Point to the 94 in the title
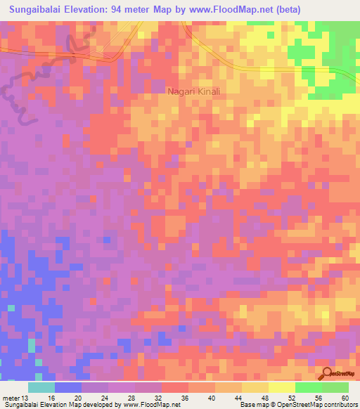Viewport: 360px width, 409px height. (x=134, y=9)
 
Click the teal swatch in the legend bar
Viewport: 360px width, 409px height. (x=41, y=388)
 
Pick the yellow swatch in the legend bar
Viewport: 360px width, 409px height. (x=281, y=388)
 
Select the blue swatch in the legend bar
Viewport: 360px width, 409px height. (x=67, y=388)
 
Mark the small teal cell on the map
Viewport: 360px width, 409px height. (x=31, y=346)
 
